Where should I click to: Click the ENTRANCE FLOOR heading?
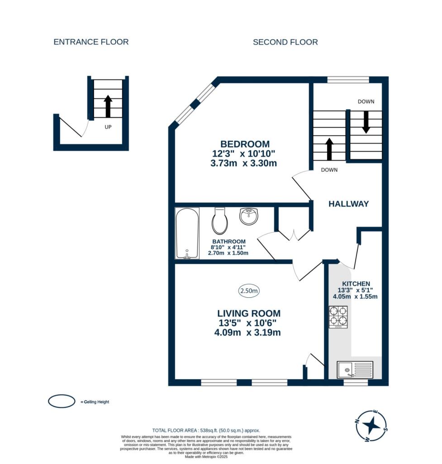point(91,42)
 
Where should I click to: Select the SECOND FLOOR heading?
point(285,42)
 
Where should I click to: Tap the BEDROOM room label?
point(245,144)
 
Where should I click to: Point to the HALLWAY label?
point(349,204)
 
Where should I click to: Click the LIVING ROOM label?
point(249,314)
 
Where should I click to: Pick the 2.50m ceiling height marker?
point(249,291)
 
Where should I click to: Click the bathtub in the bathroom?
point(187,233)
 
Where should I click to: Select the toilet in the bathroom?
point(220,221)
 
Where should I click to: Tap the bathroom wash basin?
point(249,216)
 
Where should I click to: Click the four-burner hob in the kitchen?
point(338,317)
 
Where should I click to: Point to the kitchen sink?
point(355,370)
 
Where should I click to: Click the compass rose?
point(371,426)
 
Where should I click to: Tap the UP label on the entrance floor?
point(108,127)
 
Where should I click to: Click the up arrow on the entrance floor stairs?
point(108,106)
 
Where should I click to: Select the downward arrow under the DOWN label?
point(366,122)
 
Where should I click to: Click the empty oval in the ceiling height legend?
point(62,401)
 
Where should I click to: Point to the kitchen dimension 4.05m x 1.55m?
point(355,296)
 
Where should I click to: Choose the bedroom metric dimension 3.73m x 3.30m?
point(244,163)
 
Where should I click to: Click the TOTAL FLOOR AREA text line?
point(206,430)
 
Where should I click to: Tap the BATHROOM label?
point(229,242)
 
